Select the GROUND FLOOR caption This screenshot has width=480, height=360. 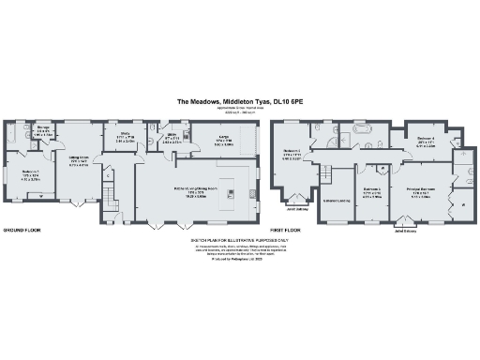coord(21,229)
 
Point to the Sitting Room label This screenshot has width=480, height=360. coord(79,159)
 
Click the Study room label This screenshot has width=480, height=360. coord(124,136)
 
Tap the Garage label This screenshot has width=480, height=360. coord(225,136)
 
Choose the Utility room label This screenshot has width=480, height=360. coord(172,136)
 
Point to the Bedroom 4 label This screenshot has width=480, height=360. coord(425,140)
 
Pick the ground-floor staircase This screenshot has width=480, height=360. coord(108,198)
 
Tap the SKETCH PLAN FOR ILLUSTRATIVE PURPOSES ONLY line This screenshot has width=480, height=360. coord(239,241)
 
